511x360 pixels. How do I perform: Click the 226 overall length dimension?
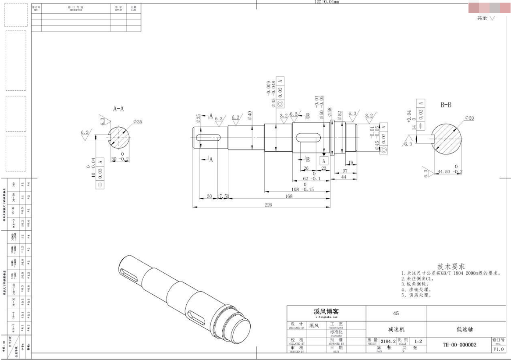click(x=268, y=204)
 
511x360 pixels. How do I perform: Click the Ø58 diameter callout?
click(x=330, y=112)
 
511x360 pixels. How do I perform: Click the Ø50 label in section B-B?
click(x=468, y=118)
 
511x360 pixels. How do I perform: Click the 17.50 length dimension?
click(x=224, y=196)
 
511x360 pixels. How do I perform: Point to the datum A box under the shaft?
click(x=324, y=161)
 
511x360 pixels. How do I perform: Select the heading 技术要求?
click(x=451, y=267)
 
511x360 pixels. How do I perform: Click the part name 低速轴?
click(x=466, y=328)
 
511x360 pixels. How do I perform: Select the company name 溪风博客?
click(x=325, y=311)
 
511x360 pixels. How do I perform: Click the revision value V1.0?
click(x=499, y=349)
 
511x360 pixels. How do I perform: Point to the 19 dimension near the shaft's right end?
click(x=351, y=162)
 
